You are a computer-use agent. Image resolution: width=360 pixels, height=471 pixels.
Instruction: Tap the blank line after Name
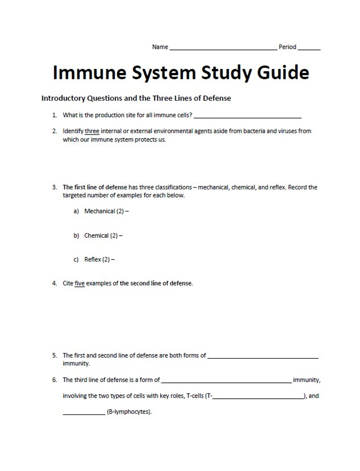pyautogui.click(x=223, y=48)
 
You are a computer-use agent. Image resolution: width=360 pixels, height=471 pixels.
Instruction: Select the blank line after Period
pyautogui.click(x=309, y=48)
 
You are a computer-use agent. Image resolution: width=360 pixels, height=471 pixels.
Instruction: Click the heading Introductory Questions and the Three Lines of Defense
pyautogui.click(x=136, y=98)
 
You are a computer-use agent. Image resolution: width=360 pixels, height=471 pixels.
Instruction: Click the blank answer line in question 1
pyautogui.click(x=247, y=117)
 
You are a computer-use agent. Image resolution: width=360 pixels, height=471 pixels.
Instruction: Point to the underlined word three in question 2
pyautogui.click(x=92, y=131)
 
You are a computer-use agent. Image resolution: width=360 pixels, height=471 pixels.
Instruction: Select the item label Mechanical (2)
pyautogui.click(x=104, y=211)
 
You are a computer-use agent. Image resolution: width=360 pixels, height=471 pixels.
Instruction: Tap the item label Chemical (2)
pyautogui.click(x=101, y=235)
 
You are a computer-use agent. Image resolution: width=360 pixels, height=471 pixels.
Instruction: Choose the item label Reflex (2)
pyautogui.click(x=97, y=259)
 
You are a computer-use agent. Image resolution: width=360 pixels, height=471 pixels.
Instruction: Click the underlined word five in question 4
pyautogui.click(x=79, y=283)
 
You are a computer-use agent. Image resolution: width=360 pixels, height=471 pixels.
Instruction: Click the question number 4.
pyautogui.click(x=54, y=283)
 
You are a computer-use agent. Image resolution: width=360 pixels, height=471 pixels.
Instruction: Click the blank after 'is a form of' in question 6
pyautogui.click(x=226, y=382)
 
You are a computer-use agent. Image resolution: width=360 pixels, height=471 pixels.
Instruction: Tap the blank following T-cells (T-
pyautogui.click(x=258, y=398)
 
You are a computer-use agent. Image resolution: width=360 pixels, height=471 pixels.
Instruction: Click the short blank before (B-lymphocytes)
pyautogui.click(x=84, y=414)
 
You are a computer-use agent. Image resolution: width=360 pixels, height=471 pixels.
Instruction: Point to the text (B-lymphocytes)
pyautogui.click(x=129, y=412)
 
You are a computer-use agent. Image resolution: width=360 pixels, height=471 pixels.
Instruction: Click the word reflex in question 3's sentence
pyautogui.click(x=277, y=187)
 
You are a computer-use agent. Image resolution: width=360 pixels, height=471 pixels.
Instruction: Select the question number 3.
pyautogui.click(x=54, y=187)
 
